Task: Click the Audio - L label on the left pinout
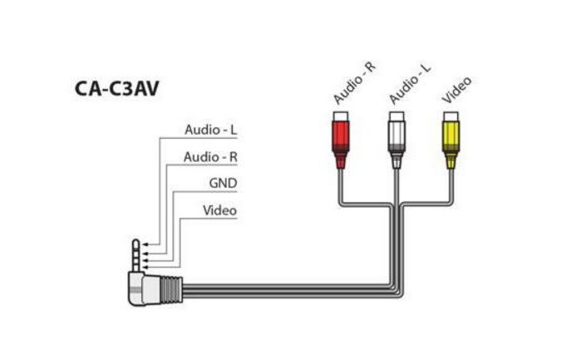point(210,131)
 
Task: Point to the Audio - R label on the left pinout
point(210,157)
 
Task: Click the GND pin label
point(223,183)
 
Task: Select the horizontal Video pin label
point(219,210)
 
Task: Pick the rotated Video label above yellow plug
point(457,90)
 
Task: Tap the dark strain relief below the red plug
point(340,160)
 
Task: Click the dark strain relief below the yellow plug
point(451,160)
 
